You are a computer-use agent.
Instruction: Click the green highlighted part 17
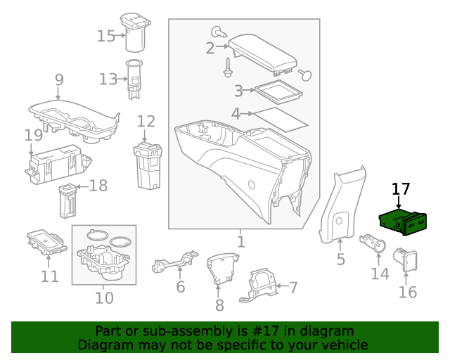404,222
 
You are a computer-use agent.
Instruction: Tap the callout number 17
400,188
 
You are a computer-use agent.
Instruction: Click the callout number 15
106,35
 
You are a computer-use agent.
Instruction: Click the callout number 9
59,79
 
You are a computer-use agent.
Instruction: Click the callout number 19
33,134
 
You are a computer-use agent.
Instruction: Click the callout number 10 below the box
104,297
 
